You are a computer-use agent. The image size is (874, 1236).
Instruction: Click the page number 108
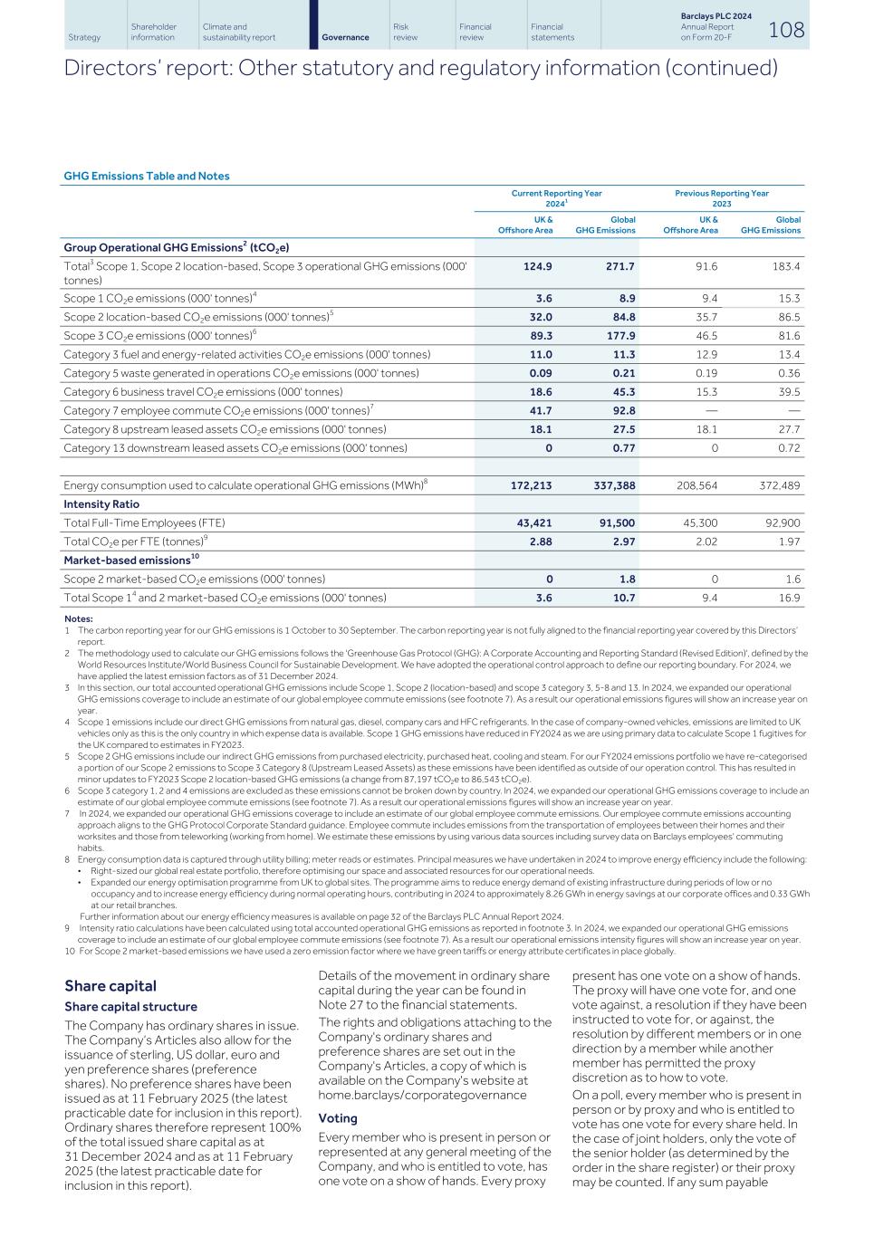point(785,30)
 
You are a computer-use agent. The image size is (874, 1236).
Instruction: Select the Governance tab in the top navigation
point(345,37)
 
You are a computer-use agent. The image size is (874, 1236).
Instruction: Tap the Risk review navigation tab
point(405,33)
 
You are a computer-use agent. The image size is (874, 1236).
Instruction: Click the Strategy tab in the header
point(84,37)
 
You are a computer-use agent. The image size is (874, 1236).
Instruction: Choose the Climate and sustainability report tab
point(239,33)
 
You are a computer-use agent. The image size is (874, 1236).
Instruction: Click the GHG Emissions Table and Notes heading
point(147,176)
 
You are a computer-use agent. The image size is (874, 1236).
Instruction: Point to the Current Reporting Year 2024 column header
point(556,198)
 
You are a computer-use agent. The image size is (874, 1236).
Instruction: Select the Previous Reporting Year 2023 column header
point(721,198)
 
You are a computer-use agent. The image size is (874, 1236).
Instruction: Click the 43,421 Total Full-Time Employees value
point(532,522)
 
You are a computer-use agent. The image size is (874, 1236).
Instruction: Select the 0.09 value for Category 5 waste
point(540,373)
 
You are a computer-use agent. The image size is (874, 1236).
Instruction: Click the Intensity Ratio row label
point(101,504)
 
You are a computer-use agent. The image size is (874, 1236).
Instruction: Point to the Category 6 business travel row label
point(203,392)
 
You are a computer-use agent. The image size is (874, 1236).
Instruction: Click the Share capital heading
point(110,986)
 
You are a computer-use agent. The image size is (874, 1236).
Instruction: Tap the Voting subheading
point(338,1118)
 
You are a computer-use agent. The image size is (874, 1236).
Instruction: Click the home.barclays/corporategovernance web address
point(422,1095)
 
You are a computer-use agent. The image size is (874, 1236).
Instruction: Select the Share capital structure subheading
point(130,1007)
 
